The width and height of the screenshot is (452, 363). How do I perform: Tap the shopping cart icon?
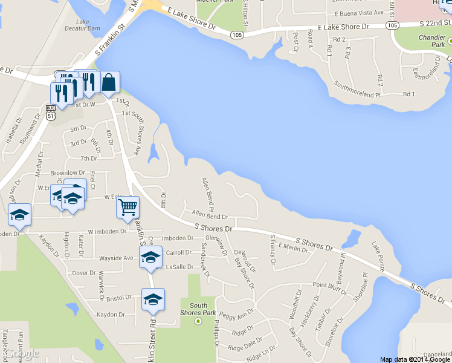click(x=128, y=208)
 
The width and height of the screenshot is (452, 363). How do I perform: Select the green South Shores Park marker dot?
click(x=198, y=321)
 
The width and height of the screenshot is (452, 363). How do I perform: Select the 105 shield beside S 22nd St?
click(x=393, y=25)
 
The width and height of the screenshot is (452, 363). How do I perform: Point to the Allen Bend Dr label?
click(x=209, y=215)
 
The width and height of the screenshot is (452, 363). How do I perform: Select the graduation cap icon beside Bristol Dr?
click(x=153, y=299)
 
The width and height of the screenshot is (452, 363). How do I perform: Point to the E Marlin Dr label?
click(x=293, y=247)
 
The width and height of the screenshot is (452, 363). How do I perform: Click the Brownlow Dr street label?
click(x=66, y=173)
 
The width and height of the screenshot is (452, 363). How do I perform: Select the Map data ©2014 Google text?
click(x=415, y=359)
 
